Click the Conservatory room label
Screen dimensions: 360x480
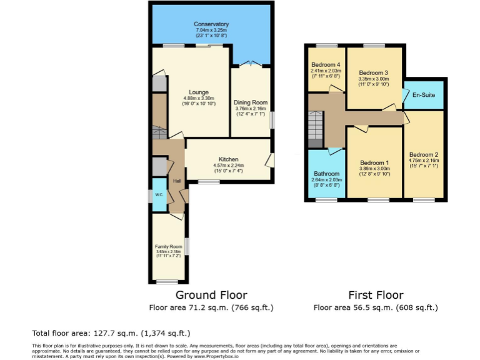click(x=212, y=24)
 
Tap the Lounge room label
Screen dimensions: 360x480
click(x=199, y=92)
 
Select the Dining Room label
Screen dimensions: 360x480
click(x=250, y=102)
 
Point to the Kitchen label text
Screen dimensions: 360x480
click(x=228, y=159)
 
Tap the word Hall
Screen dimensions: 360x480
click(x=177, y=181)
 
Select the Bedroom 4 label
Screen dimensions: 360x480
click(x=326, y=65)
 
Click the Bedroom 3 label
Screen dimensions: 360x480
click(x=373, y=72)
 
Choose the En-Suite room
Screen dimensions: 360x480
click(x=423, y=95)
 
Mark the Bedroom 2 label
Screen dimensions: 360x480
click(x=424, y=154)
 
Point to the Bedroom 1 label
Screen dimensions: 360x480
click(x=374, y=162)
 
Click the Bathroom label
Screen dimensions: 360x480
click(x=326, y=174)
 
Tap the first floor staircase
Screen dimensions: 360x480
click(x=315, y=128)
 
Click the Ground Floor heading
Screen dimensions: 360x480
click(x=211, y=295)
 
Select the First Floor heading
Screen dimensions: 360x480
click(x=375, y=295)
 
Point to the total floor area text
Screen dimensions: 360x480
click(x=111, y=333)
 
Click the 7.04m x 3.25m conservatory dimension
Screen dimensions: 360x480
click(x=212, y=30)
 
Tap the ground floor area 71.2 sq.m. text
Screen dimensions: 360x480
click(x=211, y=307)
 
